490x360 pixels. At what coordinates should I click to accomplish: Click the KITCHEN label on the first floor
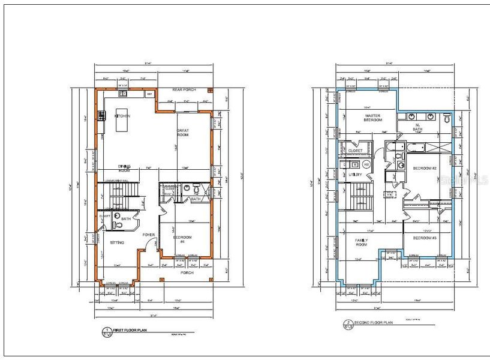[x=123, y=116]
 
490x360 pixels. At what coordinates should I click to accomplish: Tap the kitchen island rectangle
[x=122, y=124]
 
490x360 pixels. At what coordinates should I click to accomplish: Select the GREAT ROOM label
[x=183, y=133]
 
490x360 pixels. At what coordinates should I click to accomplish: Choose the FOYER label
[x=149, y=235]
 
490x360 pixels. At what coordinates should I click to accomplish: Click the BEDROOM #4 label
[x=182, y=239]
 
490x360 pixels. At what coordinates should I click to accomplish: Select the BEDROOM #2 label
[x=423, y=168]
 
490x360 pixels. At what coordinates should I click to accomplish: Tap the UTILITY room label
[x=356, y=174]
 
